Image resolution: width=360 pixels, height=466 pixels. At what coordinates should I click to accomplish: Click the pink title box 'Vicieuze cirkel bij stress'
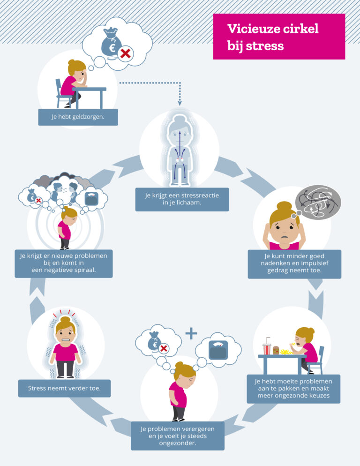[x=279, y=37]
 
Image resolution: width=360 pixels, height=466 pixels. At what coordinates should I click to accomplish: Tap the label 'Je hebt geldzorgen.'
[x=78, y=117]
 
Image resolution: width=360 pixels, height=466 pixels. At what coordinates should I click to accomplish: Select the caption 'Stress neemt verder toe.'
[x=64, y=388]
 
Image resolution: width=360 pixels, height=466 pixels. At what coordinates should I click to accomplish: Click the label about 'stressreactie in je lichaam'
[x=182, y=199]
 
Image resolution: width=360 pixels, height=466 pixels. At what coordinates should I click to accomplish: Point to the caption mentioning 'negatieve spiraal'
[x=63, y=263]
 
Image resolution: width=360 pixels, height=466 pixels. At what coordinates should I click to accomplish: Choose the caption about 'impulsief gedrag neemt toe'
[x=294, y=263]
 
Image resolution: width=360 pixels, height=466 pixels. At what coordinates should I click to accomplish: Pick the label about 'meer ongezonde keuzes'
[x=293, y=389]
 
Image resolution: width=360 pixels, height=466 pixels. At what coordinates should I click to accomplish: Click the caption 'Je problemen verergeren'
[x=177, y=436]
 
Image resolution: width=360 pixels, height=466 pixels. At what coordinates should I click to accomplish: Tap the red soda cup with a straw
[x=267, y=348]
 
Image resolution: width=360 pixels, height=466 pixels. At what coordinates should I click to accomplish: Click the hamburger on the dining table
[x=276, y=351]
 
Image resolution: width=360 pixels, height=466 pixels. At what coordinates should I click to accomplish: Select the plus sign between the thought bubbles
[x=191, y=334]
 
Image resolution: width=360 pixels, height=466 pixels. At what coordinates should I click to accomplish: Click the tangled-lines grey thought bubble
[x=320, y=203]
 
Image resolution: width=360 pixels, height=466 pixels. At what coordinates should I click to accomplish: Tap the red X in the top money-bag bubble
[x=125, y=54]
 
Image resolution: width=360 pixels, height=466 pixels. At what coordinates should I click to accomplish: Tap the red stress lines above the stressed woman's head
[x=65, y=313]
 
